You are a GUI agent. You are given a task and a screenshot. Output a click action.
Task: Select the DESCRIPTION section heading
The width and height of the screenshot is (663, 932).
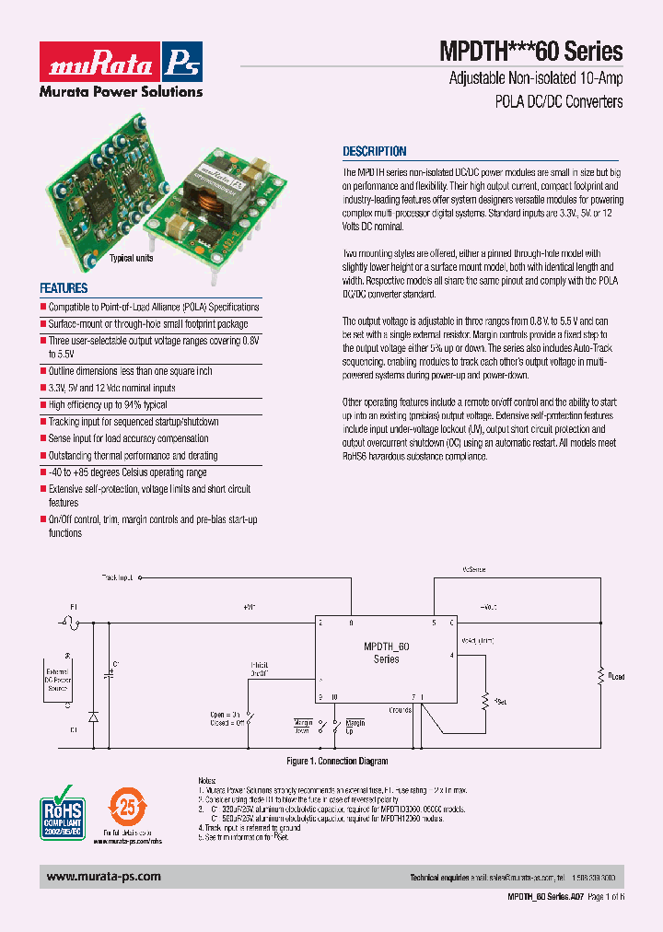[374, 152]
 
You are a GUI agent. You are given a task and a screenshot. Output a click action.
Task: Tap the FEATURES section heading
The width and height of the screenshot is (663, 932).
[64, 288]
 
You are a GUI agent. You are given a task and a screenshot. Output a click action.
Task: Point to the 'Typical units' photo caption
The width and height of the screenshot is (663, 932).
[132, 259]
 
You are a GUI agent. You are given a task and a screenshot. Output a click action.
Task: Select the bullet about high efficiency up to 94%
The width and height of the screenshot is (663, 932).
[108, 405]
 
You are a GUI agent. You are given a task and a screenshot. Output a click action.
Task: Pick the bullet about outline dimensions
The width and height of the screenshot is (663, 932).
[130, 371]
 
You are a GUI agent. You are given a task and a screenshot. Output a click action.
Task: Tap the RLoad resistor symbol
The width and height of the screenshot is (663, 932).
[600, 675]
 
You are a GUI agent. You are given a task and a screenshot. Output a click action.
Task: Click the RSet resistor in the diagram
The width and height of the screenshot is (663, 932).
[485, 699]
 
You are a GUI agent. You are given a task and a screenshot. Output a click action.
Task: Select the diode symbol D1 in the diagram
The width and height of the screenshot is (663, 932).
[92, 716]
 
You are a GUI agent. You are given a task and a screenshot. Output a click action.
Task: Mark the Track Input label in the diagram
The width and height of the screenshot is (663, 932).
[117, 577]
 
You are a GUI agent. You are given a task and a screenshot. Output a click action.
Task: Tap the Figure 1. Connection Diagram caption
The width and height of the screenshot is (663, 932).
[336, 762]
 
